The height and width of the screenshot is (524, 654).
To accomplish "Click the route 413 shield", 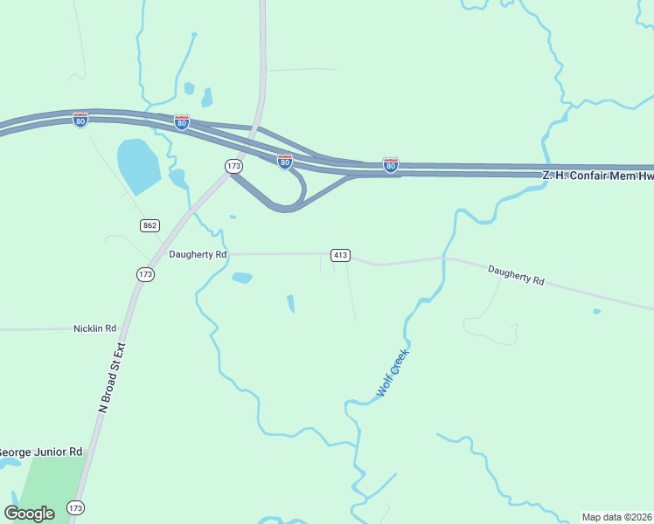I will pos(341,255).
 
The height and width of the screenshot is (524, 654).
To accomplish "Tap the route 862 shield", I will pos(150,225).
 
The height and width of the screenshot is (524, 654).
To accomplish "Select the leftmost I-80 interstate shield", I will pos(80,120).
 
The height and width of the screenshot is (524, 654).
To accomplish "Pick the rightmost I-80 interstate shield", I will pos(391,164).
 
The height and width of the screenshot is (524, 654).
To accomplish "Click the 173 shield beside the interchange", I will pos(233,165).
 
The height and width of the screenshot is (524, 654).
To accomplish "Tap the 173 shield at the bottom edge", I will pos(76,507).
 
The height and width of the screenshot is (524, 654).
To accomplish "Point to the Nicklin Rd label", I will pos(94,328).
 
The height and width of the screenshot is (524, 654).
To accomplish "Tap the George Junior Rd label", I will pos(41,452).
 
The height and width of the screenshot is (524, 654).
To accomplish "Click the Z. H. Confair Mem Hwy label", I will pos(597,176).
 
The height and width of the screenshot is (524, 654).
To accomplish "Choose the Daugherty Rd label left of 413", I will pos(198,254).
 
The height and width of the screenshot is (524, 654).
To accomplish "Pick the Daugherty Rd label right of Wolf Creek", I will pos(516,276).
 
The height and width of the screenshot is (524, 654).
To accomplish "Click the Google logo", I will pos(30,513).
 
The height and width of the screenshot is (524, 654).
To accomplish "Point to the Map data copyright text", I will pos(617,517).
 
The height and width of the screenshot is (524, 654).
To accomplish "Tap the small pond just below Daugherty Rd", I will pos(242,278).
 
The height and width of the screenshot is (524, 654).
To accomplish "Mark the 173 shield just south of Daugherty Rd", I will pos(145,274).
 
